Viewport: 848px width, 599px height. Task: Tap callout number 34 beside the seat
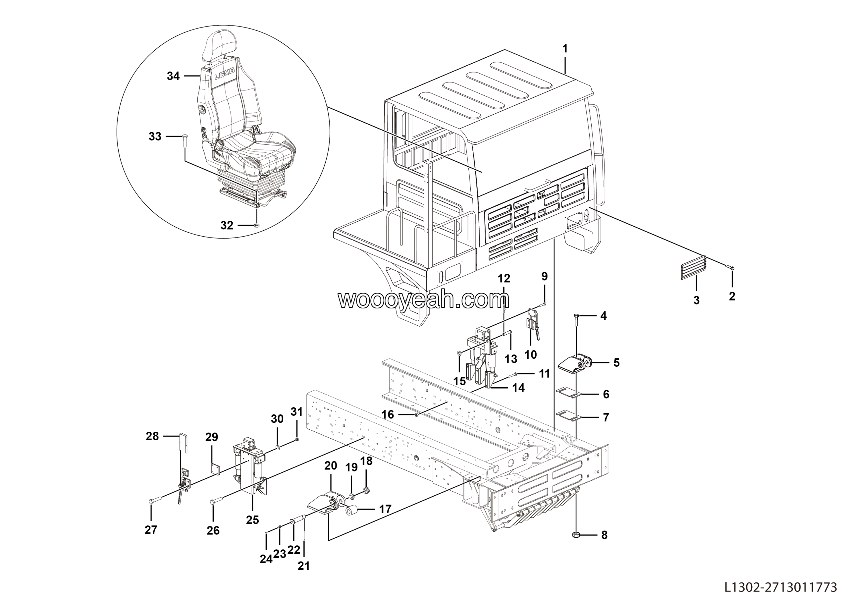point(173,76)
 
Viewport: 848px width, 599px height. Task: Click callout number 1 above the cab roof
point(565,48)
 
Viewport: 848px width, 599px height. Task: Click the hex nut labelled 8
point(576,535)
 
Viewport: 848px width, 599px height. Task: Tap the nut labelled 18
point(366,490)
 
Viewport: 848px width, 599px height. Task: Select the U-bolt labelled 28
point(184,443)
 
